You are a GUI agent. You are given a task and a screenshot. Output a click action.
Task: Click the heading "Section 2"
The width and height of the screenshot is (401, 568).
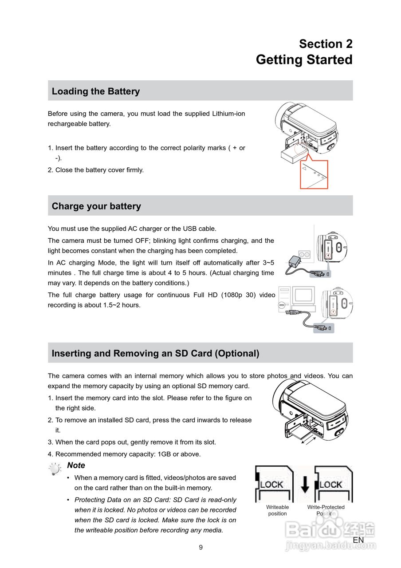click(326, 44)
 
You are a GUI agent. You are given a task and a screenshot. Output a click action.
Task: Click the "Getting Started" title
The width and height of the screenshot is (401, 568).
click(304, 60)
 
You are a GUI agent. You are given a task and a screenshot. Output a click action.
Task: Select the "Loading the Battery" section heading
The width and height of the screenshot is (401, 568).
click(96, 91)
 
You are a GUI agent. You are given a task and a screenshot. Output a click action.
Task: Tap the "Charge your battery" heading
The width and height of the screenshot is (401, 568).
click(96, 206)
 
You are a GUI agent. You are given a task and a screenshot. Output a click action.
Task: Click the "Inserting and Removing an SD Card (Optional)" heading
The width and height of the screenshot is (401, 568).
click(155, 354)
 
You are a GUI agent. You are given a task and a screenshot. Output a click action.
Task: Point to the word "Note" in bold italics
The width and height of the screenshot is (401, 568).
click(76, 465)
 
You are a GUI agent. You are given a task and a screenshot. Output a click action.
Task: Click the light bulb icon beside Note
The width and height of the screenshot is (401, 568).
click(55, 469)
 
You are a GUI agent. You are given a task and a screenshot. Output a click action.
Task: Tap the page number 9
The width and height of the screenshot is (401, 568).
click(200, 548)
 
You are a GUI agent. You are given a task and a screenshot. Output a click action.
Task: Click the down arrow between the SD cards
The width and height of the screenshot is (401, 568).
click(305, 484)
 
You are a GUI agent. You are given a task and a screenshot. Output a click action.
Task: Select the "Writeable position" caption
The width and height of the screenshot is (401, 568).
click(277, 510)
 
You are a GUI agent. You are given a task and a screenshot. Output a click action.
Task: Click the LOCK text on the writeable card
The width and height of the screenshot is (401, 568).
click(271, 485)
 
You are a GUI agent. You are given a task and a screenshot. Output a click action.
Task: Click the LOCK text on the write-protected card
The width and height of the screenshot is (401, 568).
click(331, 485)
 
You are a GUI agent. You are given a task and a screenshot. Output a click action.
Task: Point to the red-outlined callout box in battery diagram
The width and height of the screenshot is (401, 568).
click(314, 174)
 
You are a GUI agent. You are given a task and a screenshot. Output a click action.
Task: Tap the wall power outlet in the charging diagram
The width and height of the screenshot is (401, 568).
click(304, 254)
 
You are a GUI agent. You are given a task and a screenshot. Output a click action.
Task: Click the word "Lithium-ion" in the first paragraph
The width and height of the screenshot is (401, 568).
click(228, 114)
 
